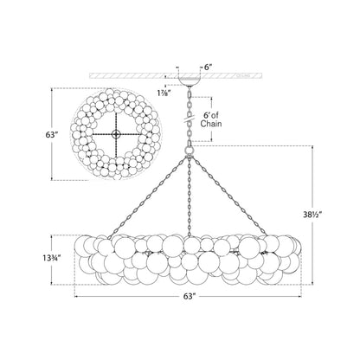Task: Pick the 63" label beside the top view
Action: click(x=29, y=135)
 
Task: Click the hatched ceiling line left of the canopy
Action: click(x=130, y=76)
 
